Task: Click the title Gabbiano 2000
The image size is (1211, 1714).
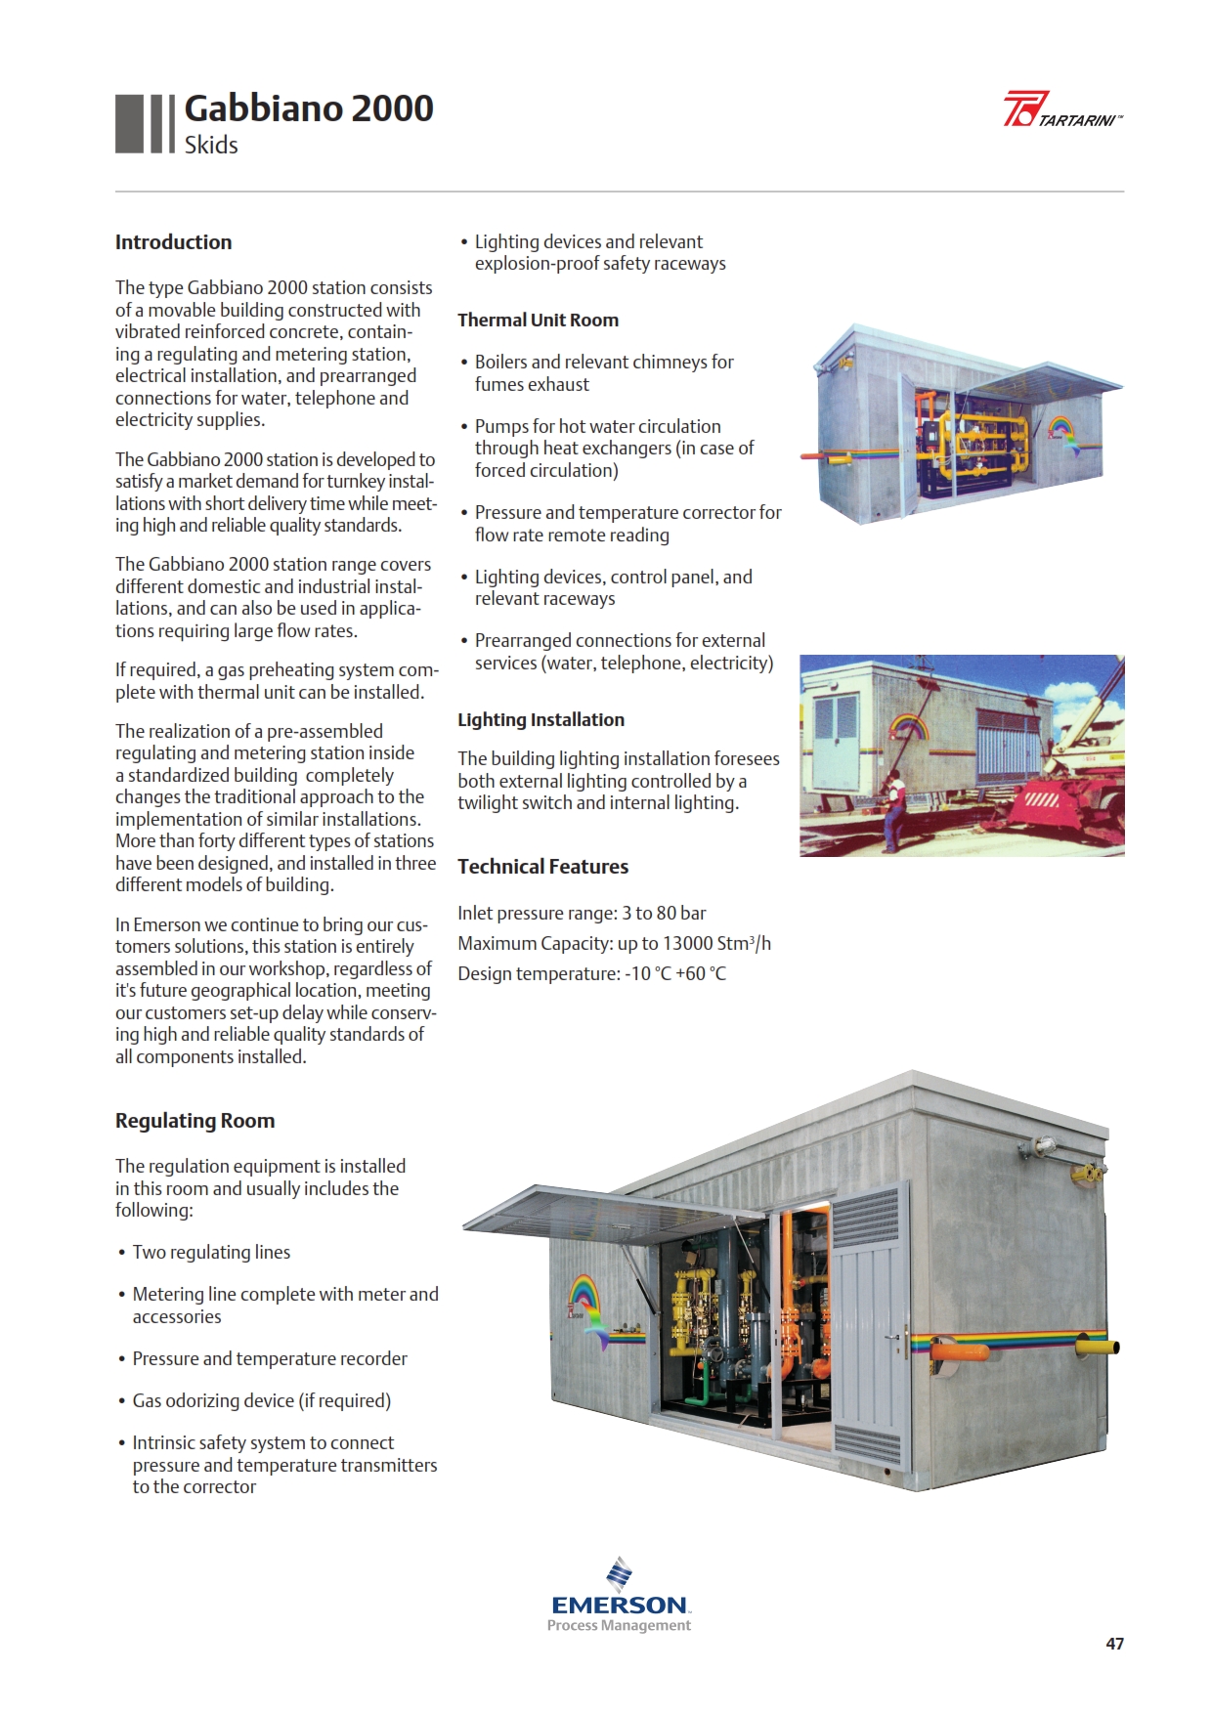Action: point(308,108)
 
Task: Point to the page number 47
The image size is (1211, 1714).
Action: point(1114,1644)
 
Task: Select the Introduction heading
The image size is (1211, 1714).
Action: point(173,242)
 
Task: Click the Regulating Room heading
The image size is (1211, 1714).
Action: point(195,1121)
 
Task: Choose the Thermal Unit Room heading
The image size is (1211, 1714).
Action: point(538,321)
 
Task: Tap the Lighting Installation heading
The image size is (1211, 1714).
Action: point(541,720)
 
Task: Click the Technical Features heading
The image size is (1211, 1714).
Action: point(542,867)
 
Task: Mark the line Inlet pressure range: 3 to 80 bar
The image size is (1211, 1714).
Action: point(582,914)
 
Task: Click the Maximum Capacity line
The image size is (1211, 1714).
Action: point(614,944)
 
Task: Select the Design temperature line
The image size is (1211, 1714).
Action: point(591,974)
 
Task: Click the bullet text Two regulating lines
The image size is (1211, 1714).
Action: point(211,1253)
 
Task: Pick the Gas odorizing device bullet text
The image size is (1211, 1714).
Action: point(261,1401)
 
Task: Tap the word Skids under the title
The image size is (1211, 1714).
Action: point(211,146)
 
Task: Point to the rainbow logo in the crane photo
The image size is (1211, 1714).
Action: point(908,728)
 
